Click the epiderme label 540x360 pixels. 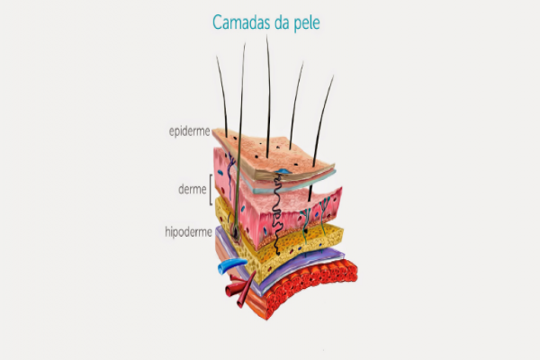[189, 131]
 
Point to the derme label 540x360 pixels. [193, 189]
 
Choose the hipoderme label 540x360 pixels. [187, 231]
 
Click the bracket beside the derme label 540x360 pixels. [211, 190]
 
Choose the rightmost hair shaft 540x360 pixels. [323, 117]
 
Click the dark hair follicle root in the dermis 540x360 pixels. [235, 229]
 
